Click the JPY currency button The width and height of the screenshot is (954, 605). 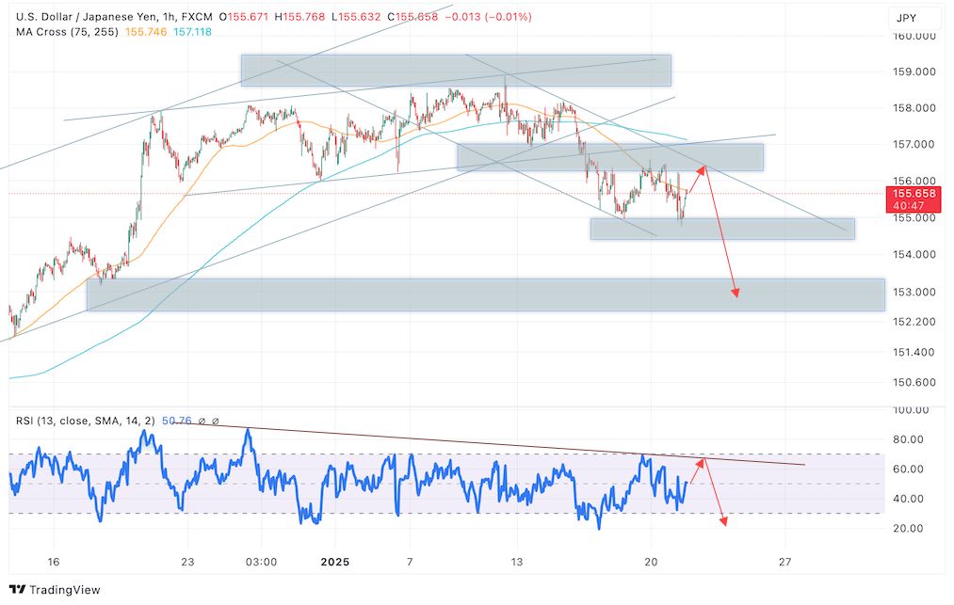point(906,18)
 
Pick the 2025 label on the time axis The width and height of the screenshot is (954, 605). point(334,562)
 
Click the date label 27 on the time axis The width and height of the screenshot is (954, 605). point(784,562)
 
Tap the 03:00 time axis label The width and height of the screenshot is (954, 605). point(261,562)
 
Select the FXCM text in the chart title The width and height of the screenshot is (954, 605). point(200,17)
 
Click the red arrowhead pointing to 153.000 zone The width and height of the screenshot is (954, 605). point(736,293)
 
